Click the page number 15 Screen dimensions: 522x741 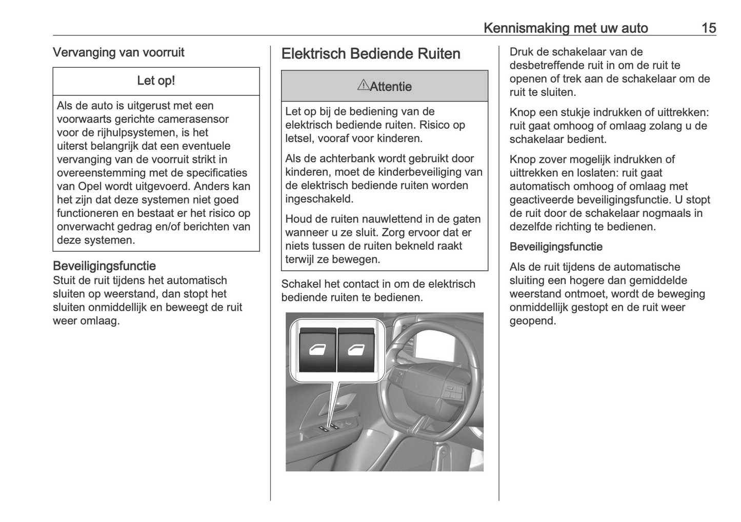708,28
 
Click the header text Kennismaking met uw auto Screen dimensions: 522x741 565,28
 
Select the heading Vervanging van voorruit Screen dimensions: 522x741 118,52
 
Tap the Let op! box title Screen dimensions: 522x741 156,81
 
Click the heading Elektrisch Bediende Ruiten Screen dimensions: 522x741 371,54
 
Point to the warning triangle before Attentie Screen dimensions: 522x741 363,85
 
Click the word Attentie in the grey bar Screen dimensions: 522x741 390,87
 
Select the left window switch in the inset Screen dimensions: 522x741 317,350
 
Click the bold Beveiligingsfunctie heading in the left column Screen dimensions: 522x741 104,266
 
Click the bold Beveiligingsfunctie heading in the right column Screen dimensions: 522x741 556,247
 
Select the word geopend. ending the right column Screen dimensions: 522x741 532,322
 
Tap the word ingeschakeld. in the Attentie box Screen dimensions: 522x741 319,199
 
